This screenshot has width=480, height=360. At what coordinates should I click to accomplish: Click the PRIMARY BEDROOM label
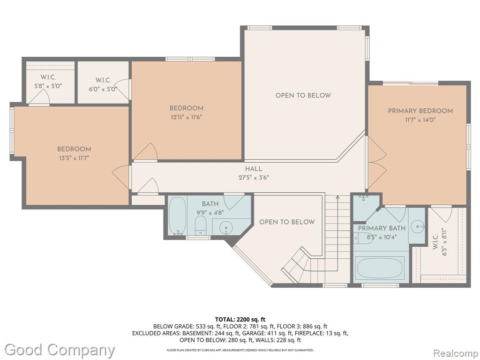click(420, 111)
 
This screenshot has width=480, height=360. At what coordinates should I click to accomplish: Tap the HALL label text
click(254, 169)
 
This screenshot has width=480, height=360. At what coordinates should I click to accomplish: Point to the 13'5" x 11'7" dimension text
click(74, 158)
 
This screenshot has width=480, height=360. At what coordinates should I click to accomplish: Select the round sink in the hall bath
click(226, 228)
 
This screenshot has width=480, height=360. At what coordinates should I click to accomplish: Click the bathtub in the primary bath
click(380, 267)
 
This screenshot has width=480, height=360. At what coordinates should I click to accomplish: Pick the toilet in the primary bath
click(363, 238)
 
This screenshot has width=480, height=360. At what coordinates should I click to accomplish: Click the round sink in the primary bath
click(417, 227)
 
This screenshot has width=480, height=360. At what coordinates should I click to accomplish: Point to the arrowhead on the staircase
click(337, 197)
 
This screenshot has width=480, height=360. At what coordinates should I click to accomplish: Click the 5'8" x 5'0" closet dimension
click(48, 86)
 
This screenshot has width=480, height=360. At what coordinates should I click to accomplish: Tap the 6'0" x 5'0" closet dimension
click(103, 90)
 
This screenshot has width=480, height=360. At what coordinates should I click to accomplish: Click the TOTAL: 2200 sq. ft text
click(240, 320)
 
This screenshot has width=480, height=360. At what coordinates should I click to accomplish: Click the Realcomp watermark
click(456, 352)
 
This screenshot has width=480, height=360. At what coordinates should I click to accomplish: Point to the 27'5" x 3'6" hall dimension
click(254, 178)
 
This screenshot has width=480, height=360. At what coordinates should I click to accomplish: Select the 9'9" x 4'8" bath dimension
click(210, 212)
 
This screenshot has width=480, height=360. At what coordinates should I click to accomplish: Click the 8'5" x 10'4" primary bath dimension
click(382, 237)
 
